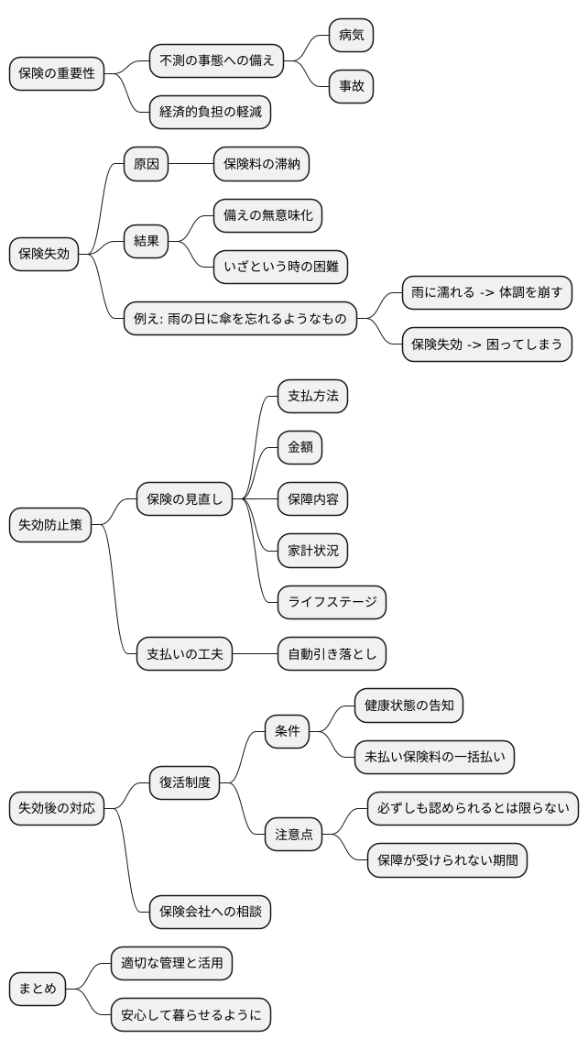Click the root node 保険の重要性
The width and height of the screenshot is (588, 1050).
point(57,73)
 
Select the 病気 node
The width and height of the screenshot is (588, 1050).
point(352,35)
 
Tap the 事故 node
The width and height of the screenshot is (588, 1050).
point(352,86)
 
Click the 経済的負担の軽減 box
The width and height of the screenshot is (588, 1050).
point(210,112)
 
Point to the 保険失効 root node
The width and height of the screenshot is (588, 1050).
point(44,254)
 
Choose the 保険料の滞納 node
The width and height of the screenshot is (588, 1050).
point(261,164)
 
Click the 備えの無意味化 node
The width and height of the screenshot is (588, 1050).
point(267,215)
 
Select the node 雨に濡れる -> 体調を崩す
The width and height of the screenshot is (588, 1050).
point(487,293)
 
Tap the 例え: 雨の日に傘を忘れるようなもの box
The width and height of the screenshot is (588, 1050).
point(240,319)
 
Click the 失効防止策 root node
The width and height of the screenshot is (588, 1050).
point(50,525)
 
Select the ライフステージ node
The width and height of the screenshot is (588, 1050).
point(332,602)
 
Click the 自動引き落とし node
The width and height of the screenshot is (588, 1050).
point(332,654)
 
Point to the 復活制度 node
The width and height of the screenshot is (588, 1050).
point(185,782)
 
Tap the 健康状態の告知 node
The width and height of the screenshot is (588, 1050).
point(408,705)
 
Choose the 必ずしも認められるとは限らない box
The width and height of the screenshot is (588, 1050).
point(474,808)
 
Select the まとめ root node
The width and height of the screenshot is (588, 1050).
point(38,988)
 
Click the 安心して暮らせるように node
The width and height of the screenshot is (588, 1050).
point(191,1014)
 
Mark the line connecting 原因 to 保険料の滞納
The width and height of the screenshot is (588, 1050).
point(191,164)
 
